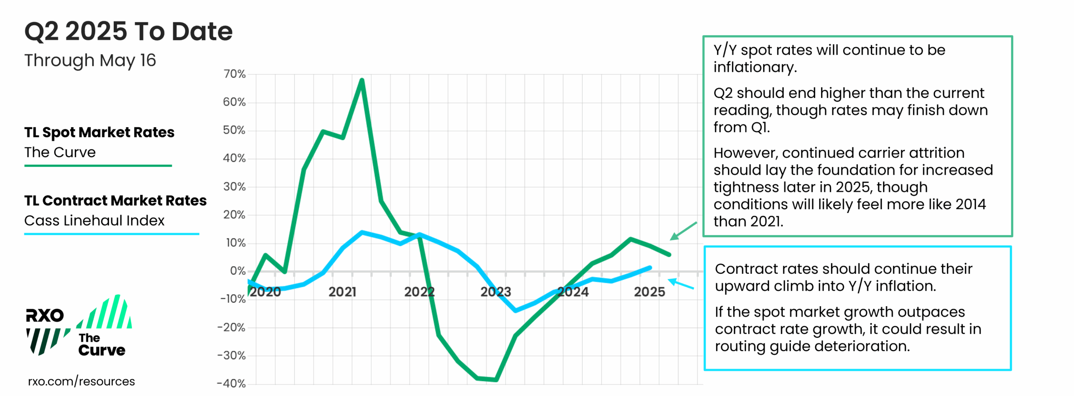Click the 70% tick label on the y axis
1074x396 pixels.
pos(234,74)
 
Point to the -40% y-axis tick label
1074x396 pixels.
pos(231,383)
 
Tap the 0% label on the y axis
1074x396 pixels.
pos(237,271)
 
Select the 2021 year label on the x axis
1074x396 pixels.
pos(342,291)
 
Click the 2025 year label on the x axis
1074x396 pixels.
pos(649,291)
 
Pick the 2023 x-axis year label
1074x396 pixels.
pos(495,291)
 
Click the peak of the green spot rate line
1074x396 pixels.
pos(362,80)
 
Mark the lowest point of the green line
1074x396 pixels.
pos(496,380)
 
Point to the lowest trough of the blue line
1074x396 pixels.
pos(516,310)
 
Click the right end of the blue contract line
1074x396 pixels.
pos(650,267)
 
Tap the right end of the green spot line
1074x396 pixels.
pos(669,254)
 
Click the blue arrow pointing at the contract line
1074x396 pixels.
pos(680,284)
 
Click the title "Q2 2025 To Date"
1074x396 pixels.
pos(128,31)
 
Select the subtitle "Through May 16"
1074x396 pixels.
pos(90,60)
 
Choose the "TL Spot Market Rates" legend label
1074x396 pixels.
pos(99,132)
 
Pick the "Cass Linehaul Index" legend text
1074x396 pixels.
pos(94,220)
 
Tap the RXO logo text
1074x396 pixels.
pos(44,315)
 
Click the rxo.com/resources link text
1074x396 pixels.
pos(81,381)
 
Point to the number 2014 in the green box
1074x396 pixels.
pos(970,204)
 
